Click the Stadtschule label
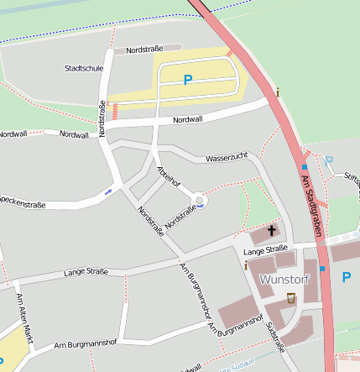click(83, 68)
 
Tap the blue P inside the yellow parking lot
click(188, 80)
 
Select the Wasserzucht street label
click(226, 157)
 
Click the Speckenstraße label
click(22, 202)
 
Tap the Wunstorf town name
click(284, 279)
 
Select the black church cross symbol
click(271, 230)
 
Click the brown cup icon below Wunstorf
click(291, 297)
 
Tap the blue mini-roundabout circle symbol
click(200, 200)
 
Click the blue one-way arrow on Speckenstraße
click(107, 193)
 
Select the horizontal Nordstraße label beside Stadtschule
click(143, 50)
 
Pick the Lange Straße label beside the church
click(265, 250)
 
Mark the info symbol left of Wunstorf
click(245, 266)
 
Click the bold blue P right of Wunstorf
click(346, 276)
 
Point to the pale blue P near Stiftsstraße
click(329, 160)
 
